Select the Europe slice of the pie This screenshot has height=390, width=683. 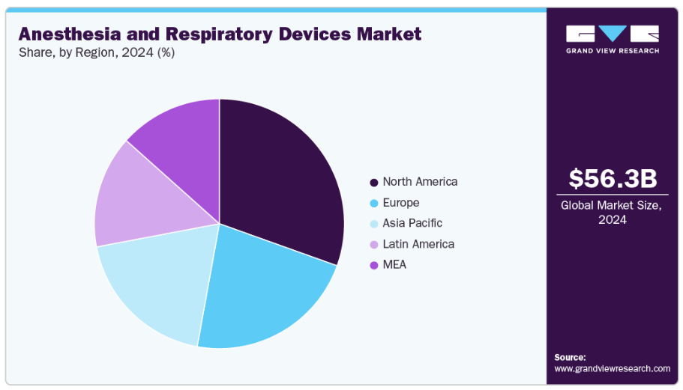(x=262, y=292)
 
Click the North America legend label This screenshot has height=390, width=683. (x=420, y=182)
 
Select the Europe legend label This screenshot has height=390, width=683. (x=401, y=203)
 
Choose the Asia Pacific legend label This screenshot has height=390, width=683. (x=412, y=223)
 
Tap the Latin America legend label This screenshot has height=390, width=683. (x=418, y=244)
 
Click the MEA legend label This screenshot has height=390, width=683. (x=394, y=265)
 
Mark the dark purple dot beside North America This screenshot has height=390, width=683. (x=373, y=183)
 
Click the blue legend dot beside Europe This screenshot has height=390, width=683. (x=373, y=204)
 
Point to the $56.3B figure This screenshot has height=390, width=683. (x=613, y=179)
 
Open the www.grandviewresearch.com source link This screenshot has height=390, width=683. (x=613, y=368)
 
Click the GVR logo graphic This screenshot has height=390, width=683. (x=613, y=34)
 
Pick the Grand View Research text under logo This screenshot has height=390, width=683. (x=613, y=51)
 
